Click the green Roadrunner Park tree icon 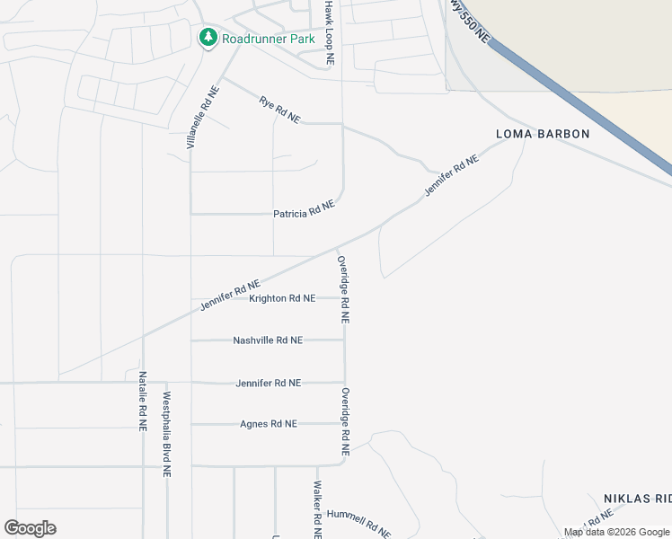click(208, 38)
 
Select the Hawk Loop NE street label click(330, 32)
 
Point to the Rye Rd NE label click(279, 110)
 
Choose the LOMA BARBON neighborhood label click(543, 134)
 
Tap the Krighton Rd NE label click(282, 298)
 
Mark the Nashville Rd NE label click(268, 340)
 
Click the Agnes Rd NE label click(268, 424)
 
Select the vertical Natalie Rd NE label click(143, 402)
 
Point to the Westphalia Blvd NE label click(166, 434)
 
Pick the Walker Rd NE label click(317, 508)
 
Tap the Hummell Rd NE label click(358, 522)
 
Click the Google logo click(30, 528)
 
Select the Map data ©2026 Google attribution click(616, 533)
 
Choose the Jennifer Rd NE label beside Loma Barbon click(451, 176)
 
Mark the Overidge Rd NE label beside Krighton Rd click(343, 289)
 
